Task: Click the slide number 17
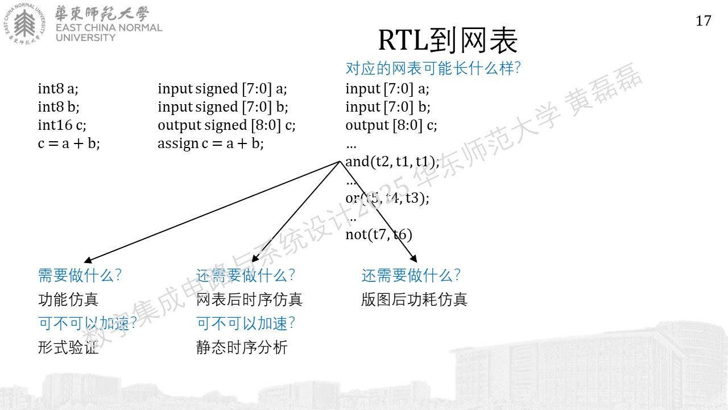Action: tap(704, 21)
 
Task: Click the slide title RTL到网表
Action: tap(448, 40)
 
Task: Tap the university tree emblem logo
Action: tap(24, 23)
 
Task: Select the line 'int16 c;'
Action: tap(62, 125)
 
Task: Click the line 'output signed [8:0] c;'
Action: tap(226, 125)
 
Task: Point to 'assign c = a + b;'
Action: tap(210, 143)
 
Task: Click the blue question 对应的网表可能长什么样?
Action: tap(433, 68)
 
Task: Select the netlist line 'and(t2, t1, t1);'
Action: tap(392, 162)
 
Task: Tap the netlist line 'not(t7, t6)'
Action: tap(379, 235)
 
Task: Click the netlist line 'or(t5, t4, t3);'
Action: tap(387, 198)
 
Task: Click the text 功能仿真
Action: tap(68, 300)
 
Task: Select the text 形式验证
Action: tap(68, 347)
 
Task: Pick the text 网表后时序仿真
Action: tap(249, 300)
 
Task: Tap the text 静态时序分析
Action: tap(242, 347)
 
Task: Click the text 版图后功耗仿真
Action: tap(415, 300)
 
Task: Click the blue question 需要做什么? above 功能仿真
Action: tap(80, 275)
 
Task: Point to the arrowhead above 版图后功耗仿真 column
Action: tap(413, 259)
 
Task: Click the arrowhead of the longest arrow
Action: tap(88, 260)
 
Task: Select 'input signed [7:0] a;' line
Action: tap(222, 89)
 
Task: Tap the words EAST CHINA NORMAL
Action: tap(109, 28)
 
